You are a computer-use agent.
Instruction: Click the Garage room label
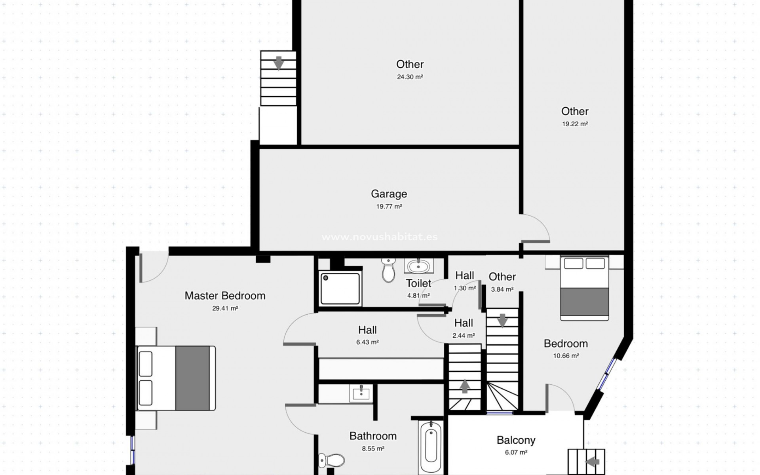(389, 194)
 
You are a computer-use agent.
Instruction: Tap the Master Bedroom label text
(225, 296)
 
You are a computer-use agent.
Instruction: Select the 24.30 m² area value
(410, 77)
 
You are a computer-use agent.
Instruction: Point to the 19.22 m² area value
(575, 124)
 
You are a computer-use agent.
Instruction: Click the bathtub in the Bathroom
(431, 445)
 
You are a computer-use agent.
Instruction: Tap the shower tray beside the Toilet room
(340, 288)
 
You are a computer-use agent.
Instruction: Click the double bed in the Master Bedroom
(176, 378)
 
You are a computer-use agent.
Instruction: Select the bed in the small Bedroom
(584, 288)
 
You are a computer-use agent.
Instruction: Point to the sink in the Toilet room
(418, 266)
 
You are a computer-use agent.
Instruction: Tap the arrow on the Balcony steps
(593, 462)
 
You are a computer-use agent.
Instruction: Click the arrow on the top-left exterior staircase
(279, 63)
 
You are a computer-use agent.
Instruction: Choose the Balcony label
(516, 440)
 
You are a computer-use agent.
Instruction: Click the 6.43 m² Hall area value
(367, 342)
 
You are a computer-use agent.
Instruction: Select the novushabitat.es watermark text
(379, 237)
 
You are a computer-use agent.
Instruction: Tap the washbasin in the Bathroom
(361, 393)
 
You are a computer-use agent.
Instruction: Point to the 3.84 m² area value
(502, 289)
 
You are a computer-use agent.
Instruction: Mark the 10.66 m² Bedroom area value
(566, 356)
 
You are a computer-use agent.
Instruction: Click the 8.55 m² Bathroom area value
(373, 448)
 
